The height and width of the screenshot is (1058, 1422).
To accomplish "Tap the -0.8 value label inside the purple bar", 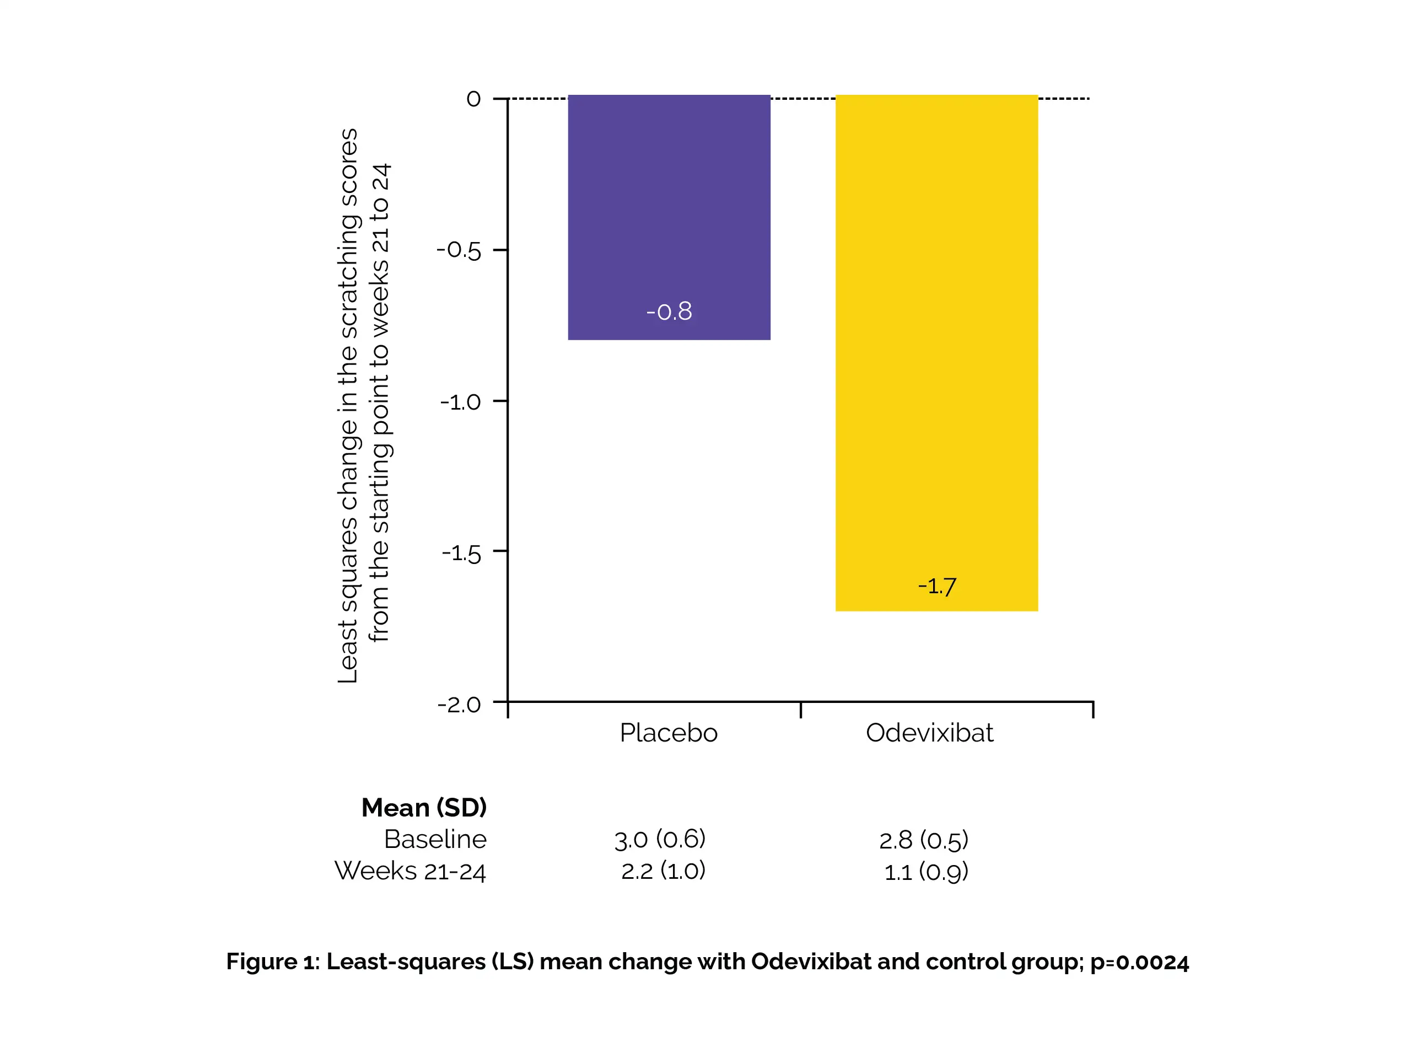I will point(669,312).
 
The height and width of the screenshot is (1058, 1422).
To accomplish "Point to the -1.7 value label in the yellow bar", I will point(936,586).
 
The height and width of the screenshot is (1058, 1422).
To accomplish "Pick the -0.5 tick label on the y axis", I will point(459,250).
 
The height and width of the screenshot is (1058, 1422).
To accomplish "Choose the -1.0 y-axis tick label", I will point(460,402).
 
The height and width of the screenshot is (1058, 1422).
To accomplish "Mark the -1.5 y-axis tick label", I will point(461,554).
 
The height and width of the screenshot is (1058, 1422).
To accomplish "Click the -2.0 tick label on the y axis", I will point(459,705).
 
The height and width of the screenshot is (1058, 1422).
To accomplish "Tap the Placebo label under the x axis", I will point(669,733).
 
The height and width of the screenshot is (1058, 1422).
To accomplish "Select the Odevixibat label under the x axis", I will point(929,733).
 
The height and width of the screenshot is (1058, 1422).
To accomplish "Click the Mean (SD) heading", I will point(424,808).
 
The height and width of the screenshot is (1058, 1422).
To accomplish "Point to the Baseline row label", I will point(435,839).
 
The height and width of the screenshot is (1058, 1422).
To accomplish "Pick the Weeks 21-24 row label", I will point(410,871).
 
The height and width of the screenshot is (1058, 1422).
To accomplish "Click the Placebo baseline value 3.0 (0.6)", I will point(659,839).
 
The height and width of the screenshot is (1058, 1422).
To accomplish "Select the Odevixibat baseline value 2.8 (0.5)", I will point(923,840).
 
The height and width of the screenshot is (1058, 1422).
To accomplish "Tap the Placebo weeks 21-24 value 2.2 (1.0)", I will point(662,871).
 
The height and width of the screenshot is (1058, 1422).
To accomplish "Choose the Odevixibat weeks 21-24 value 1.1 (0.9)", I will point(926,872).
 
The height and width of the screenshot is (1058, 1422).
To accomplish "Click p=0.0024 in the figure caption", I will point(1139,962).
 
